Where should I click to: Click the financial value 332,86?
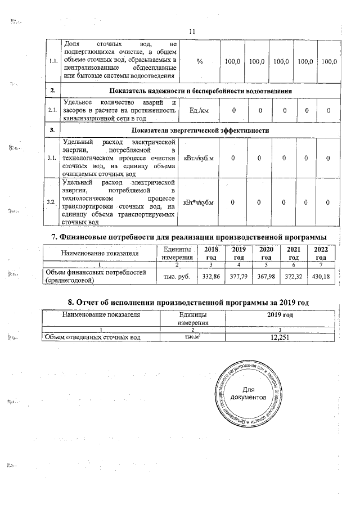210,277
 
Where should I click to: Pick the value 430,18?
321,277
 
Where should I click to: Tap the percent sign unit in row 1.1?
200,61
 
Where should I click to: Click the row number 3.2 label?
52,203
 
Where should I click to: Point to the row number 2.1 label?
52,111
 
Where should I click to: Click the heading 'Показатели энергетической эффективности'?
201,130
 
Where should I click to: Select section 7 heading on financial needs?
193,236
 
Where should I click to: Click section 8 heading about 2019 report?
193,303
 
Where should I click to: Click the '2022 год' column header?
321,253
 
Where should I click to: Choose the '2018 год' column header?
210,253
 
